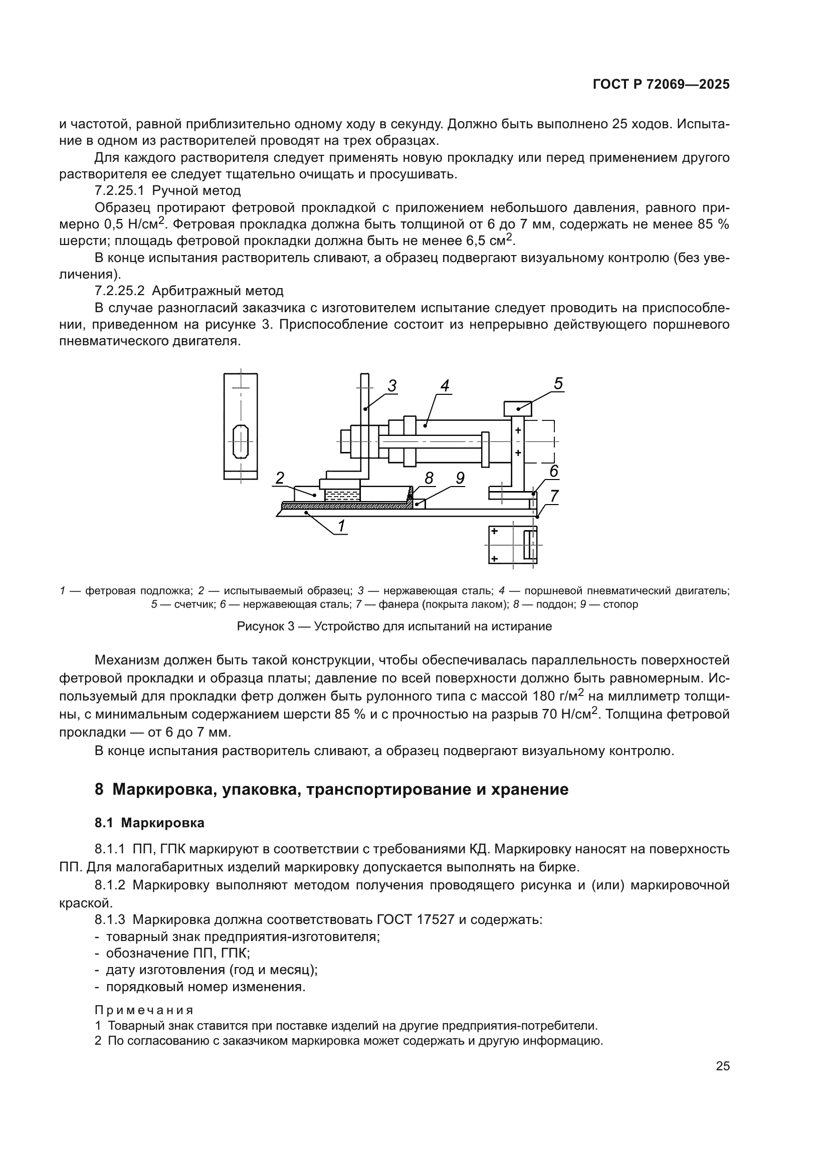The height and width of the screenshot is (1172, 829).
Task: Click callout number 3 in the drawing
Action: [391, 386]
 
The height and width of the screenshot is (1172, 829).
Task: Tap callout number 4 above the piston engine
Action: [445, 386]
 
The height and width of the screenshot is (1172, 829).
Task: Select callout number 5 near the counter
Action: [558, 383]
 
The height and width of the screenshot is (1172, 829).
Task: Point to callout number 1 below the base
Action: [341, 525]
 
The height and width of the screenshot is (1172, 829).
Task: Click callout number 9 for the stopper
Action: [460, 479]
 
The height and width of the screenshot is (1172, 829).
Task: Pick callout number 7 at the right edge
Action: [554, 496]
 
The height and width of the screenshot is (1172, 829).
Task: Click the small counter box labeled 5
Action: [518, 408]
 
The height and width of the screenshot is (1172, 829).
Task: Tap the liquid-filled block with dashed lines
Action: [342, 495]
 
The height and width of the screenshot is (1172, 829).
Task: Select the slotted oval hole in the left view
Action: [241, 441]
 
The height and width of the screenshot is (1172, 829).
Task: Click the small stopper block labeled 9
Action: [419, 504]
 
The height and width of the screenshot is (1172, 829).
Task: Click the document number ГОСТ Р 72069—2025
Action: [661, 85]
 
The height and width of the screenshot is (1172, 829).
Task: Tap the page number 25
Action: [722, 1066]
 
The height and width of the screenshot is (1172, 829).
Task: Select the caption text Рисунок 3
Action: [266, 626]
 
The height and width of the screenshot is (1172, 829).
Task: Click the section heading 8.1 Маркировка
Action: [149, 823]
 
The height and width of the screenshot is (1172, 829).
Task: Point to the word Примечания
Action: [144, 1010]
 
